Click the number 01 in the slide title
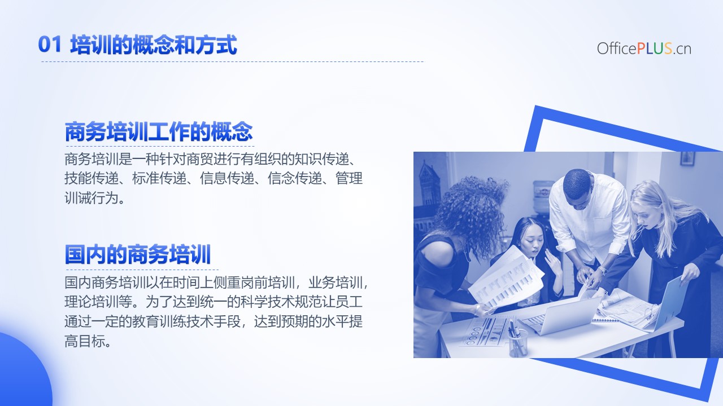tap(50, 45)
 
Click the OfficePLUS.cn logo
tap(644, 48)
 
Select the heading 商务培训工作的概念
tap(159, 132)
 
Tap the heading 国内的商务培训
tap(138, 254)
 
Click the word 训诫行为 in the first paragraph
tap(92, 197)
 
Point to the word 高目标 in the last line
tap(85, 341)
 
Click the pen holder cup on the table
tap(518, 343)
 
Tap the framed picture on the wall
tap(687, 158)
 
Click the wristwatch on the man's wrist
tap(602, 270)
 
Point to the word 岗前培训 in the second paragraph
tap(268, 283)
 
